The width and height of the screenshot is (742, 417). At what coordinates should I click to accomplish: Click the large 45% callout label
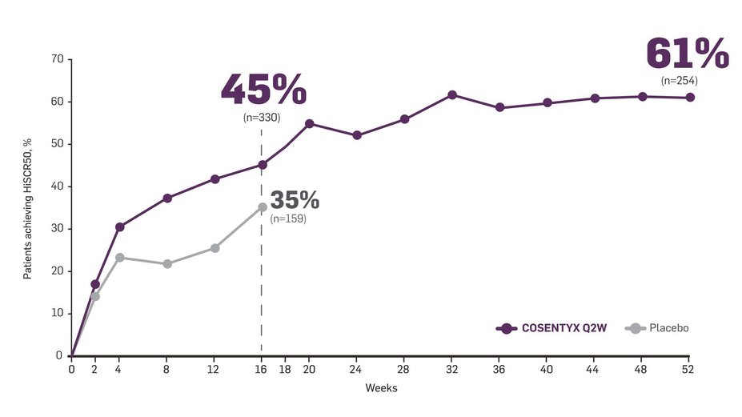263,90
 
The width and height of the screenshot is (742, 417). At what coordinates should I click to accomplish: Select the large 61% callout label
687,55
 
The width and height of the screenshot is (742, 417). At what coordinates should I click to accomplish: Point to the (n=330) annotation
262,117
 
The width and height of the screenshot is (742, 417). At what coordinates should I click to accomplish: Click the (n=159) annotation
288,218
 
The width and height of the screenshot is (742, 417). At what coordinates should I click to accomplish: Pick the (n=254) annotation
680,80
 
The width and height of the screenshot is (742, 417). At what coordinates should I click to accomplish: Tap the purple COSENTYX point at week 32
452,95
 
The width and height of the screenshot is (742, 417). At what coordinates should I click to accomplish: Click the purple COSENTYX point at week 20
310,124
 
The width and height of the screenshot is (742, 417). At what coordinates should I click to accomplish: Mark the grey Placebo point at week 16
263,207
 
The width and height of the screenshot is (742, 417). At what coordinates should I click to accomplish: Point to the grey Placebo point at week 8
167,263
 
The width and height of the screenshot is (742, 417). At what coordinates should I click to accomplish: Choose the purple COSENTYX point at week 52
690,98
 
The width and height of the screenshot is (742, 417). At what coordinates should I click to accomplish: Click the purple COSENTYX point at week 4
120,227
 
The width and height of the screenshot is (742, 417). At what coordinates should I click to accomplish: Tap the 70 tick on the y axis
56,59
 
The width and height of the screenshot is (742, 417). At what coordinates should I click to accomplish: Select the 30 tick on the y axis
56,229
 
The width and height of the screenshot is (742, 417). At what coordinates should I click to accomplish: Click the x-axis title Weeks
381,388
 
